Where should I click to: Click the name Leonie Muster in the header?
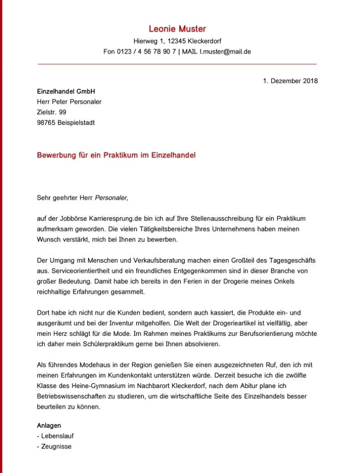tap(177, 29)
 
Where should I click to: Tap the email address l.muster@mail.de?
tap(225, 52)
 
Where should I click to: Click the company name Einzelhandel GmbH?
tap(66, 91)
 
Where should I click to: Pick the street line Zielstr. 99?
tap(52, 112)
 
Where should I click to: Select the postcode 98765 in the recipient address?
tap(46, 123)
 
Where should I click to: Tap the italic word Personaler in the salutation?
tap(110, 198)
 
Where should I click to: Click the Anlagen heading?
tap(49, 425)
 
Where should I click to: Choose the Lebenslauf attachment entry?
tap(57, 436)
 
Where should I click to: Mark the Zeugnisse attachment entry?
tap(56, 447)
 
